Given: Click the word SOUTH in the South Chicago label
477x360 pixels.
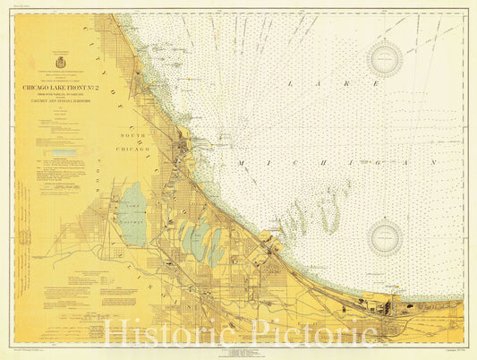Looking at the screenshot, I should [131, 135].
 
